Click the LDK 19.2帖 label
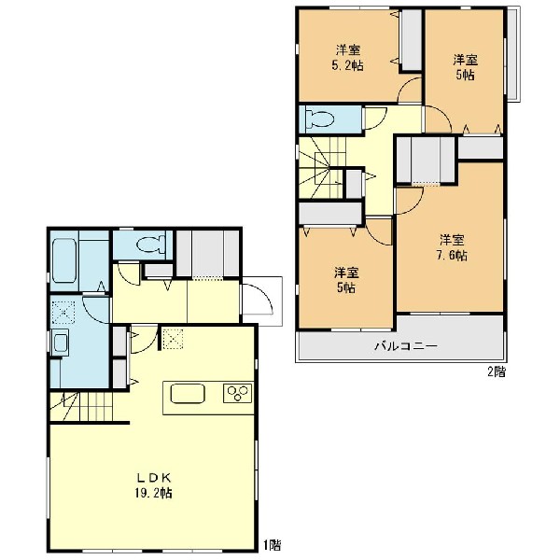[154, 485]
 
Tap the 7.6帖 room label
[452, 247]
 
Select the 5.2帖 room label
[347, 58]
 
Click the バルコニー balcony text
[406, 346]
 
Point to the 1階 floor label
[273, 545]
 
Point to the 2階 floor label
[497, 372]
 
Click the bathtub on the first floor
[63, 260]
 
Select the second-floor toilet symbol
[319, 119]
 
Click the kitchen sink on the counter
[188, 394]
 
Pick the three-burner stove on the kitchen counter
[238, 393]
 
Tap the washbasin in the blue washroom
[60, 343]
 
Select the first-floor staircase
[81, 406]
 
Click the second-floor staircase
[322, 167]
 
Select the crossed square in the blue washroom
[63, 313]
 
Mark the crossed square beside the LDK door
[174, 339]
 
